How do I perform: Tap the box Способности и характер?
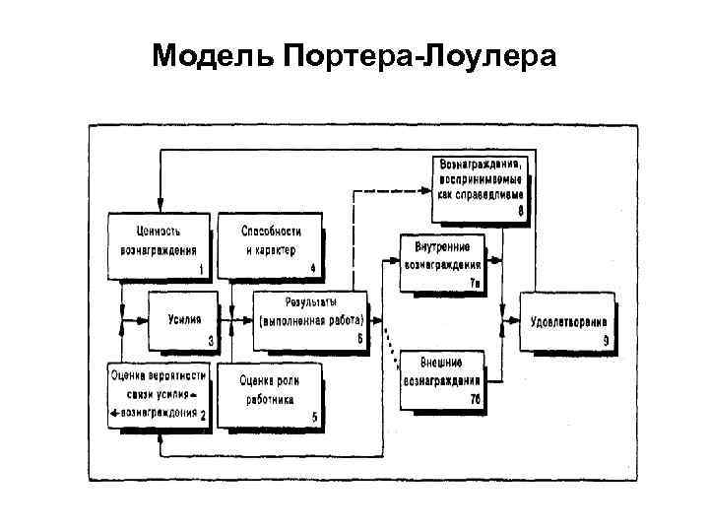tap(270, 242)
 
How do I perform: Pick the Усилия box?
tap(183, 321)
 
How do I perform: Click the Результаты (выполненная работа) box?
tap(310, 320)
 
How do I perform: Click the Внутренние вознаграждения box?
tap(442, 261)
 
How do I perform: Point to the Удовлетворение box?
tap(568, 321)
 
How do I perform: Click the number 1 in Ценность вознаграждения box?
tap(202, 268)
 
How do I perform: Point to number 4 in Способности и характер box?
tap(312, 268)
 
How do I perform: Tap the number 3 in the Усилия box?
tap(210, 342)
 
